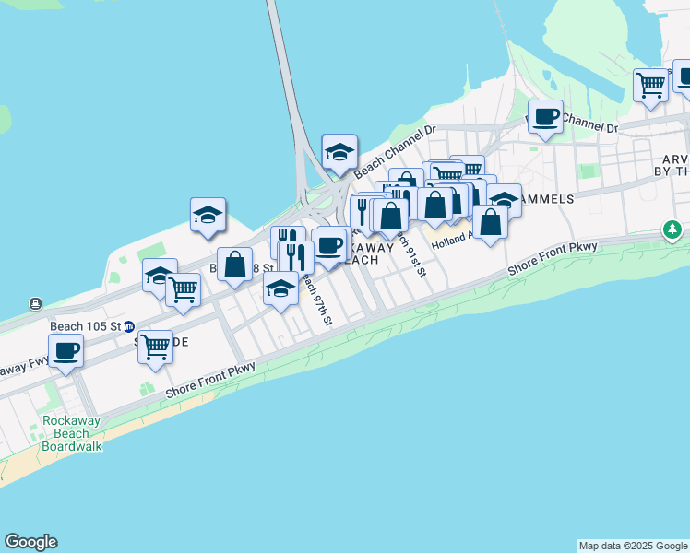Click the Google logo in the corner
click(30, 542)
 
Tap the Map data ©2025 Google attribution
click(633, 546)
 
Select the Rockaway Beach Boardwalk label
click(72, 433)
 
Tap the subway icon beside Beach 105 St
click(130, 326)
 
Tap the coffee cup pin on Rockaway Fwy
click(65, 351)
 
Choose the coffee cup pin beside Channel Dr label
click(545, 117)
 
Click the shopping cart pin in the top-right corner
click(651, 86)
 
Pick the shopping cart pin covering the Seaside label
click(155, 348)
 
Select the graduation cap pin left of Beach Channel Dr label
click(339, 152)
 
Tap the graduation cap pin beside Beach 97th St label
click(280, 288)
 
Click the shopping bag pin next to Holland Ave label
click(491, 222)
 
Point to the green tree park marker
click(674, 229)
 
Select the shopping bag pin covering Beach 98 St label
click(235, 265)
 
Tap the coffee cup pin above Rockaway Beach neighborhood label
click(329, 245)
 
